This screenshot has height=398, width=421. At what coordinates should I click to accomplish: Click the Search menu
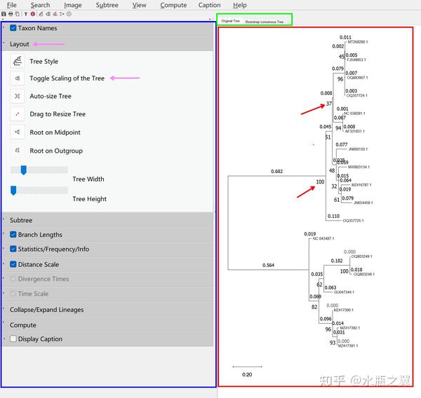click(x=40, y=5)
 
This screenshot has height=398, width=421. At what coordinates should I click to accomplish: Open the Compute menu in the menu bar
click(x=173, y=5)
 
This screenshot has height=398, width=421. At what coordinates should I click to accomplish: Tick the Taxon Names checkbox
click(x=13, y=28)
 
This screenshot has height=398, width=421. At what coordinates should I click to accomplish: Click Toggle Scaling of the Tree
click(x=67, y=78)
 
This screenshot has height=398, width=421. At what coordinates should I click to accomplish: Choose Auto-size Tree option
click(x=51, y=96)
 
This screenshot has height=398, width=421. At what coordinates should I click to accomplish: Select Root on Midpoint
click(x=55, y=132)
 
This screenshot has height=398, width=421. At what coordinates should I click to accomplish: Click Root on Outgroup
click(x=56, y=151)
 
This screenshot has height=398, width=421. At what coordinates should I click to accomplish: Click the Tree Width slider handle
click(x=23, y=170)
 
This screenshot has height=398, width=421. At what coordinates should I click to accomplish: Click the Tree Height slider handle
click(x=14, y=190)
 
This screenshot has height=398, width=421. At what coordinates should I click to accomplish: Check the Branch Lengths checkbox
click(x=13, y=235)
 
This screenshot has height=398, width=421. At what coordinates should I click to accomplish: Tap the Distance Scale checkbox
click(x=13, y=264)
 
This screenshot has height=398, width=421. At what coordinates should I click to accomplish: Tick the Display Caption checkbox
click(x=13, y=339)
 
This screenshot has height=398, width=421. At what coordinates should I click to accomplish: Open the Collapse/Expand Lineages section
click(x=46, y=310)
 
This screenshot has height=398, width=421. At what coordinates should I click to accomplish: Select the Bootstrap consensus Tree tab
click(x=265, y=22)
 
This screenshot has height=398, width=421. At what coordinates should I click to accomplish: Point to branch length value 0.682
click(x=276, y=172)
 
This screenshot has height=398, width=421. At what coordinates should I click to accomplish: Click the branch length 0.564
click(x=268, y=266)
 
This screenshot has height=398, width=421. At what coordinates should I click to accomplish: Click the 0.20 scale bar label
click(x=247, y=374)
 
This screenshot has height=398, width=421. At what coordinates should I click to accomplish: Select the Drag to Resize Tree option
click(x=57, y=114)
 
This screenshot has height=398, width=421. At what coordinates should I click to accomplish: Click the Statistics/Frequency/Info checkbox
click(x=13, y=249)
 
